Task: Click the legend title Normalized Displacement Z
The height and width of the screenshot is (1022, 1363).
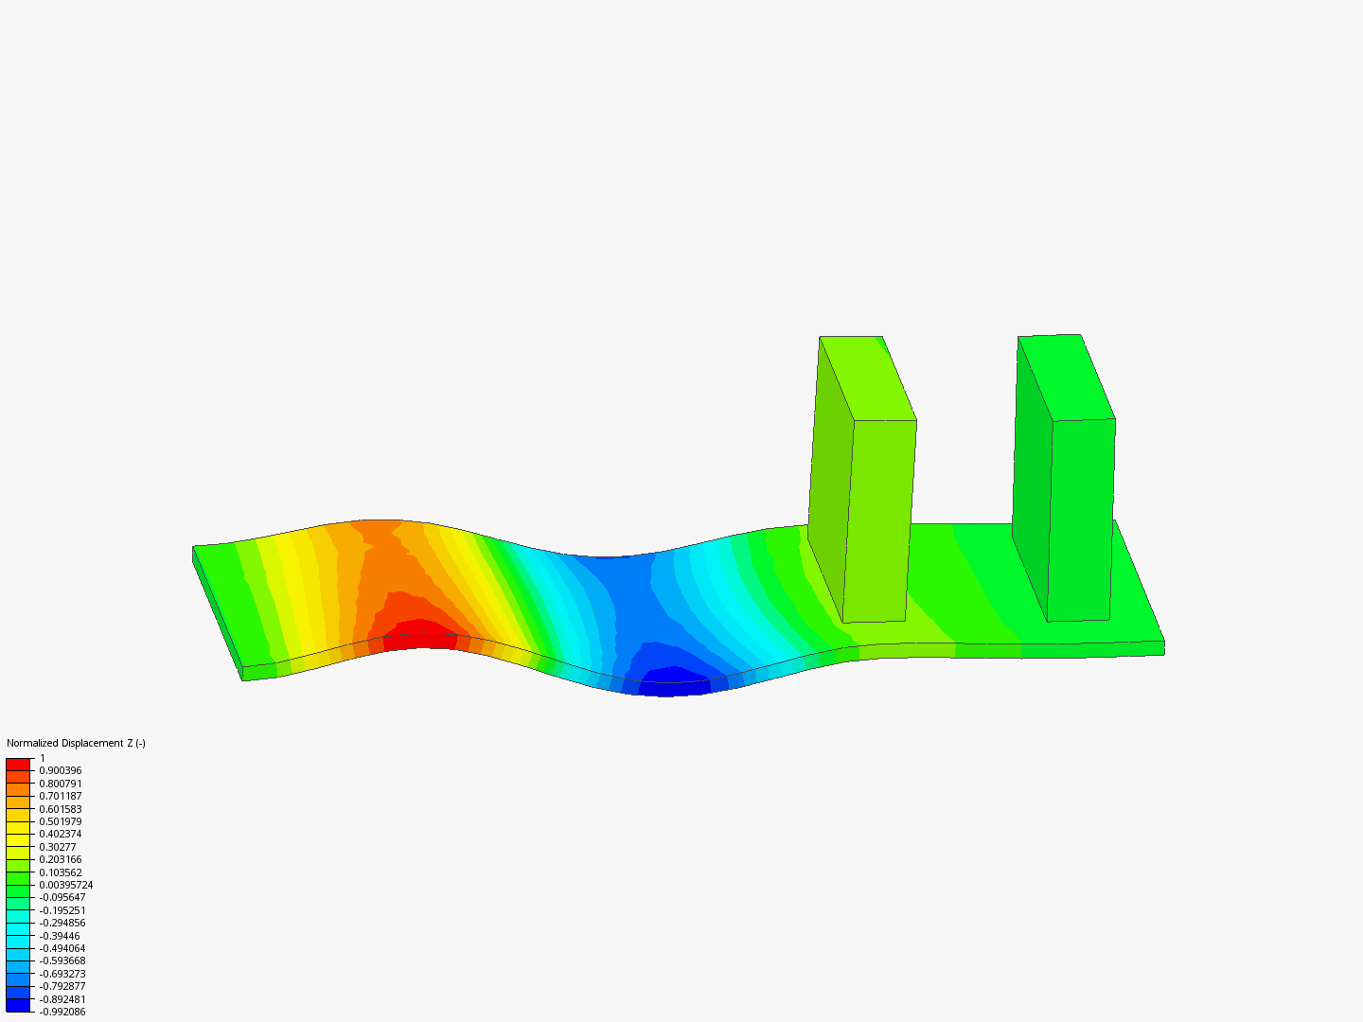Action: click(x=76, y=743)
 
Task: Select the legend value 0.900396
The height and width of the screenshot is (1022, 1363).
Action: click(x=60, y=770)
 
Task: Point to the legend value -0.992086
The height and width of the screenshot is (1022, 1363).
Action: click(x=62, y=1012)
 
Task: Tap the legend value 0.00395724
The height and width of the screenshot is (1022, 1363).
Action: click(x=65, y=885)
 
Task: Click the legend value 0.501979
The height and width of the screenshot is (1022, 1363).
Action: click(x=60, y=821)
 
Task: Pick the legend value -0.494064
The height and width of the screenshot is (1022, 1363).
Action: click(x=62, y=948)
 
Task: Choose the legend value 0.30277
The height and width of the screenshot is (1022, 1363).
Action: click(x=57, y=847)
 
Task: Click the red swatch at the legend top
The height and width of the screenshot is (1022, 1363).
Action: click(x=18, y=764)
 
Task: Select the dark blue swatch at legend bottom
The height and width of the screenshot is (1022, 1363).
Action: click(x=18, y=1005)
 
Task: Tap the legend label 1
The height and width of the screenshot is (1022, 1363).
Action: click(x=42, y=758)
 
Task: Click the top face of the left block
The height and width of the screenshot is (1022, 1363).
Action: click(x=867, y=378)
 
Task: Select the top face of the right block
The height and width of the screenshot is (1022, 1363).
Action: click(x=1066, y=377)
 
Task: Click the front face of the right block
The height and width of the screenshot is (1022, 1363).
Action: click(x=1081, y=520)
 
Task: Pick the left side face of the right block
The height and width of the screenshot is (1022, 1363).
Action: click(x=1032, y=483)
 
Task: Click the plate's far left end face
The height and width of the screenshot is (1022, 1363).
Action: click(x=217, y=612)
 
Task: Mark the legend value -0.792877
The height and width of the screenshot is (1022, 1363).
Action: click(x=62, y=986)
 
